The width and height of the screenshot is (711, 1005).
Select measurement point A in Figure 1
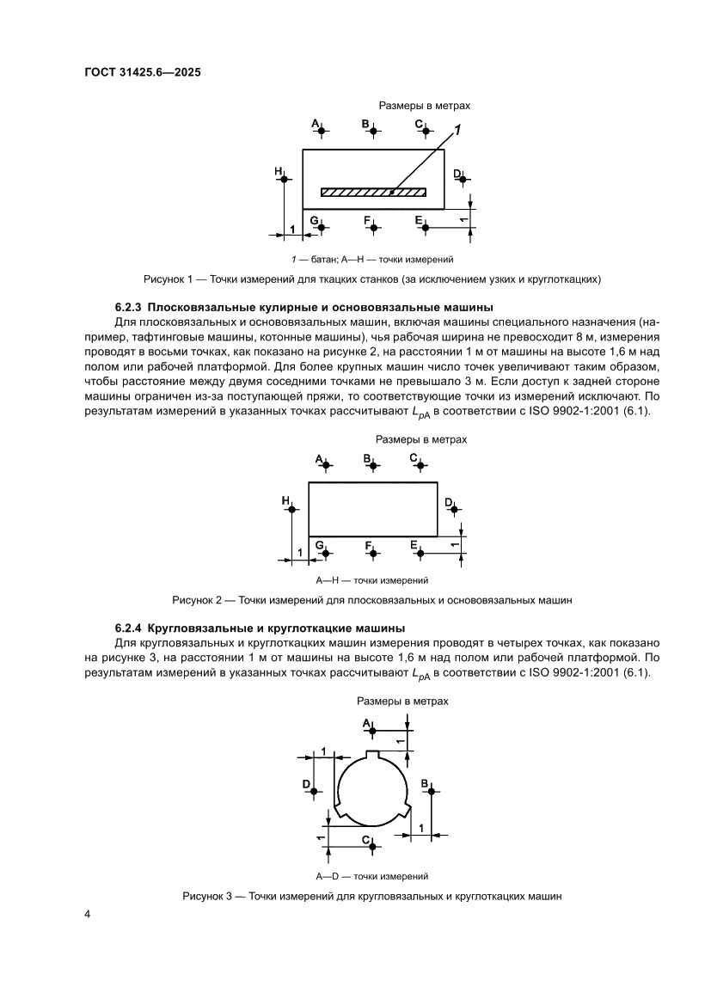coord(320,131)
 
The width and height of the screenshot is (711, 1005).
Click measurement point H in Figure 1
coord(283,179)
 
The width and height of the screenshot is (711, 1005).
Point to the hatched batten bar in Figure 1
coord(373,192)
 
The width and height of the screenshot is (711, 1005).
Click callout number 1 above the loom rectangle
coord(457,130)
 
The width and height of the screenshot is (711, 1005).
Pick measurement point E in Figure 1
coord(424,227)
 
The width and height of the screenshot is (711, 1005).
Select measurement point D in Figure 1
coord(462,180)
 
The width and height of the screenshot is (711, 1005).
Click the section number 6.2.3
coord(132,307)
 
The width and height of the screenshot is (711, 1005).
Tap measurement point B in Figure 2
coord(372,465)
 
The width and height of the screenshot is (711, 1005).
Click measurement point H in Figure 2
coord(291,509)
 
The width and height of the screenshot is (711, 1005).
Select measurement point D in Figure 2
coord(455,509)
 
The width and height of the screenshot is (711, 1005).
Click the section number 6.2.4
coord(132,628)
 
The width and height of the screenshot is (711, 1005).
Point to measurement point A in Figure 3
coord(372,731)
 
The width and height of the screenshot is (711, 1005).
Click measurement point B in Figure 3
coord(431,791)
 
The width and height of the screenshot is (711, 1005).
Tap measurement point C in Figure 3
coord(372,845)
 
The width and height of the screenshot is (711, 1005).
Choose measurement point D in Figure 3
coord(314,791)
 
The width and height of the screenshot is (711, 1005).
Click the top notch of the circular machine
coord(372,756)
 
